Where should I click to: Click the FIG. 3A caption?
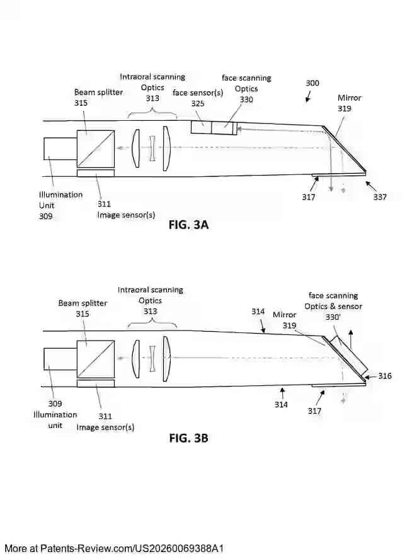click(188, 225)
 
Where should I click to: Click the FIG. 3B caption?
click(188, 438)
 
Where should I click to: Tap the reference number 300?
click(313, 83)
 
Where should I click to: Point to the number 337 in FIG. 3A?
click(380, 197)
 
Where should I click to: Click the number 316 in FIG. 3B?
click(384, 376)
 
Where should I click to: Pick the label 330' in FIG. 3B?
click(332, 317)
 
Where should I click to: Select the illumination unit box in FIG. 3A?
click(60, 149)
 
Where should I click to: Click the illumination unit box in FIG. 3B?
click(60, 359)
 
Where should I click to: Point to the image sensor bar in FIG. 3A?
click(95, 173)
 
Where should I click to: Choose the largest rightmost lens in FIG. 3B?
click(166, 359)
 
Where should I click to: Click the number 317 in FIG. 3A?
click(308, 197)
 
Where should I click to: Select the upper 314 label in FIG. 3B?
click(258, 312)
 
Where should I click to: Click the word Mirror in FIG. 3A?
click(350, 98)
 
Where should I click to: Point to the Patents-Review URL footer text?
click(114, 548)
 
